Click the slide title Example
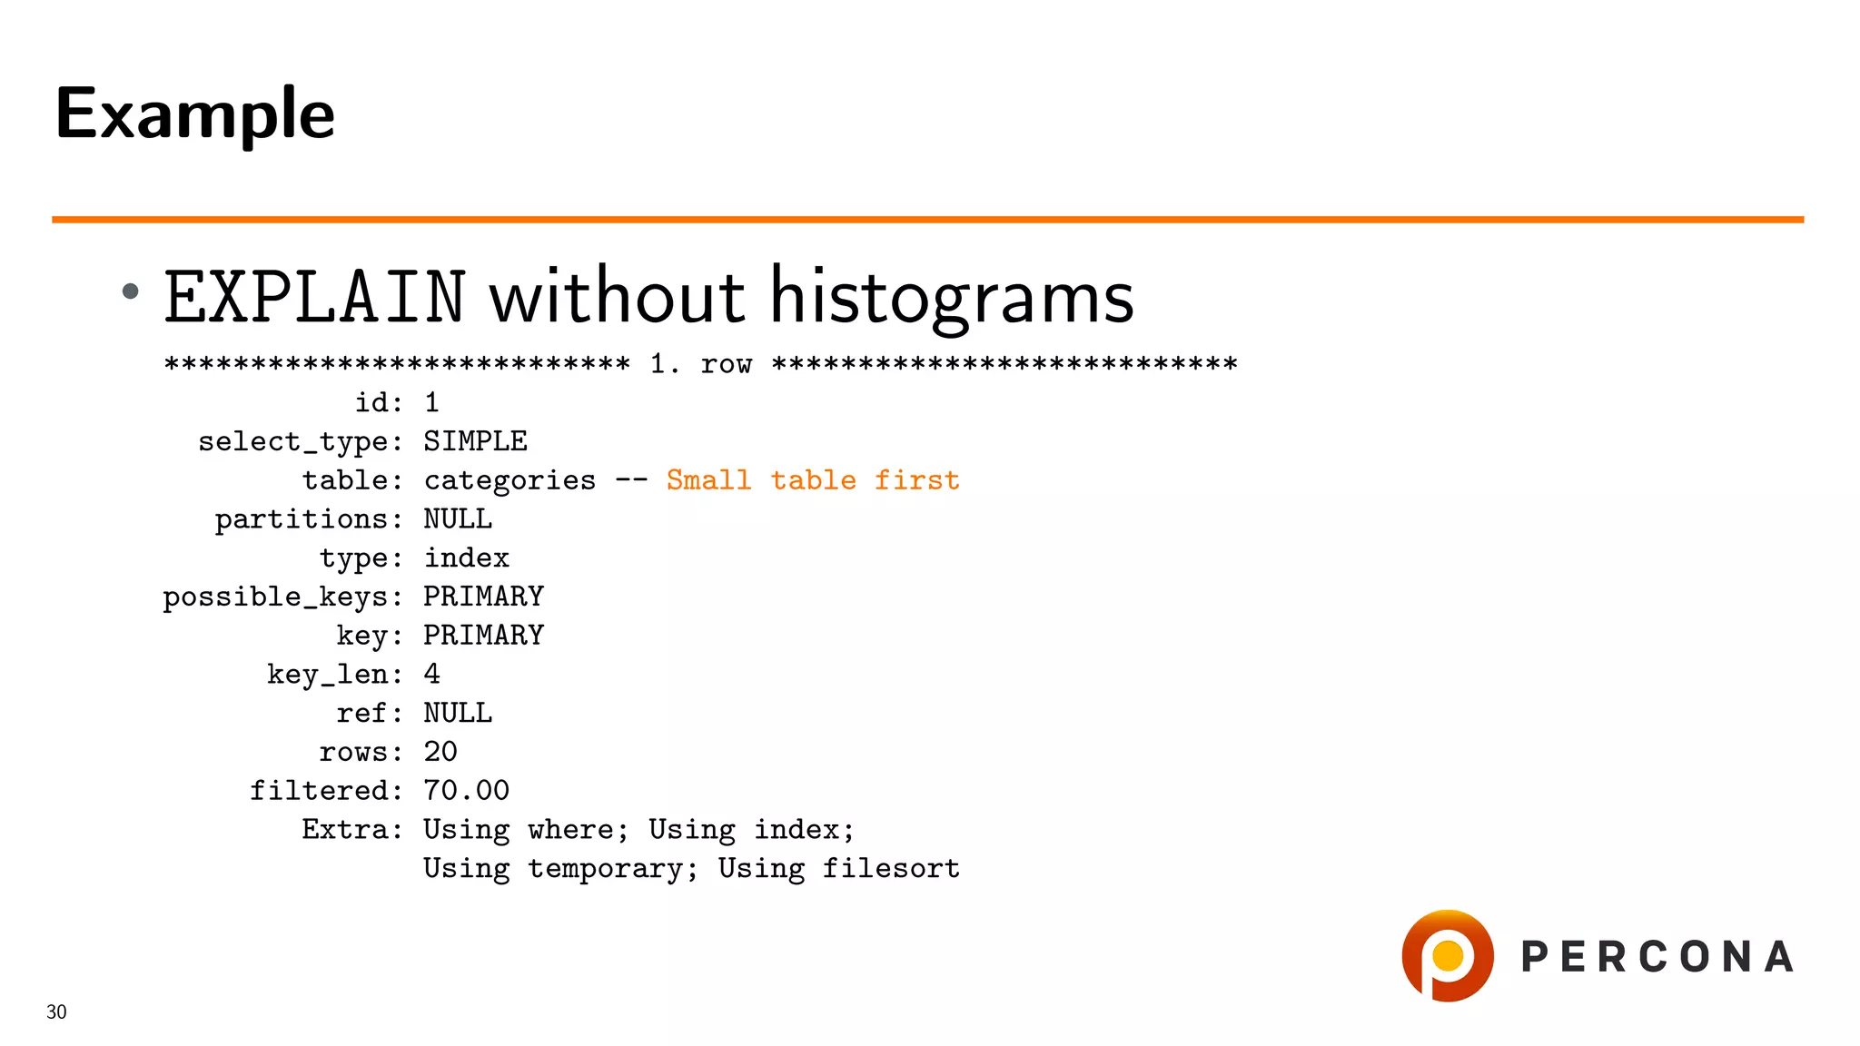coord(194,114)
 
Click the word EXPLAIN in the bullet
coord(314,298)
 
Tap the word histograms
coord(952,298)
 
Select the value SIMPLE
coord(475,441)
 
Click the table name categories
coord(510,480)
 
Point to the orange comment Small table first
coord(813,479)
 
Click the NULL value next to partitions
coord(458,518)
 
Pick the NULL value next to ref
coord(458,713)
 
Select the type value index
coord(467,558)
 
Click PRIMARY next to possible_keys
coord(483,597)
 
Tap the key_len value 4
coord(432,674)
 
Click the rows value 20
coord(440,752)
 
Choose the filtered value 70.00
coord(467,791)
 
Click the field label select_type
coord(300,442)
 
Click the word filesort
coord(890,869)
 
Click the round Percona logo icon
coord(1447,955)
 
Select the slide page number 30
coord(56,1011)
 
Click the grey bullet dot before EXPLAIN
coord(131,291)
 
